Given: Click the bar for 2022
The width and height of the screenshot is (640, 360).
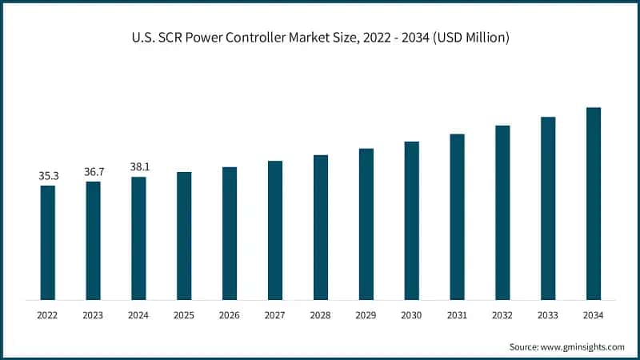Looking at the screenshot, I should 48,242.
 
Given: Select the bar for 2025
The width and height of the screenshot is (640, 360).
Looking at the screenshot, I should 184,236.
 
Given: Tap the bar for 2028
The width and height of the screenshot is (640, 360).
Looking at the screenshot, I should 321,227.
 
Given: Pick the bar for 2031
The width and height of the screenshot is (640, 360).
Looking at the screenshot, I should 457,217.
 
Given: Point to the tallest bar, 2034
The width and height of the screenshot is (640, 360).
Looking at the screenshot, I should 594,203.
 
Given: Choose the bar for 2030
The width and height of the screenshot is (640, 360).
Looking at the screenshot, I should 411,221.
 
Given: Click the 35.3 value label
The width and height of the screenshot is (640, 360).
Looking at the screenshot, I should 48,175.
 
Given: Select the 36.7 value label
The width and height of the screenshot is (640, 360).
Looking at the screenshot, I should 94,171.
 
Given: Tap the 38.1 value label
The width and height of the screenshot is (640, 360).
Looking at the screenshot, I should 139,166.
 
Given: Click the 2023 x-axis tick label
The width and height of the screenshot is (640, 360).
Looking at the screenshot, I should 94,316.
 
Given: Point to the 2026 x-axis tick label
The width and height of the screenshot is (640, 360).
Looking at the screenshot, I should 230,316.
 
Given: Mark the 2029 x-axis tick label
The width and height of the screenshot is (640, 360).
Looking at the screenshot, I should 366,316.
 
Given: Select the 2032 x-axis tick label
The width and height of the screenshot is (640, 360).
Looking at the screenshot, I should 502,316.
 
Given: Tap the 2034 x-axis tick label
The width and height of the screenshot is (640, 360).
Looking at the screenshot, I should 594,316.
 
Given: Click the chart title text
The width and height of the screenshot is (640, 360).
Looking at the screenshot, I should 320,38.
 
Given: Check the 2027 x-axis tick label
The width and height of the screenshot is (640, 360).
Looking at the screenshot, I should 275,316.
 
